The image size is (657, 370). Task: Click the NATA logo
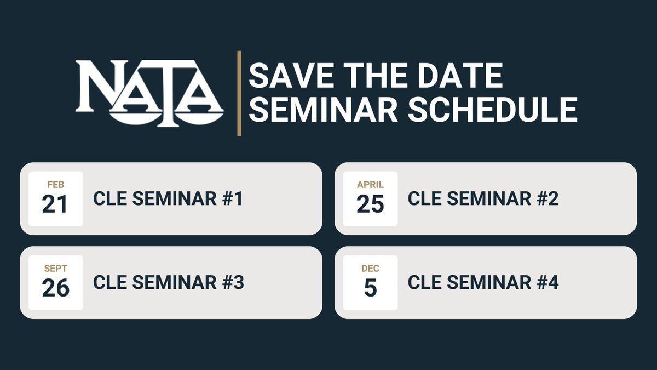149,93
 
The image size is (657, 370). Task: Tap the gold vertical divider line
239,93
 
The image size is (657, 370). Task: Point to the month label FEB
56,185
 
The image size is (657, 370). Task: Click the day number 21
55,204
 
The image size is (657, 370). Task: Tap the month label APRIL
370,185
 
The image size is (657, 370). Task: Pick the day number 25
370,204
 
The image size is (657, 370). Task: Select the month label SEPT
56,269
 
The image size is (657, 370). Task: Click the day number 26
56,288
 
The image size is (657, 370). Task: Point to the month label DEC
370,269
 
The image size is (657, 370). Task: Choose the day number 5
370,288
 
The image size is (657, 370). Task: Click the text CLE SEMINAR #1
168,199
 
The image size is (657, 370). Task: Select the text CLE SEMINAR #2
483,199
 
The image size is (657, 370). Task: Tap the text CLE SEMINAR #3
169,283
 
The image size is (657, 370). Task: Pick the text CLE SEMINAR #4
483,283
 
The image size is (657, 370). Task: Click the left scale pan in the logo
129,115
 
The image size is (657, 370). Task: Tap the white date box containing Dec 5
370,282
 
